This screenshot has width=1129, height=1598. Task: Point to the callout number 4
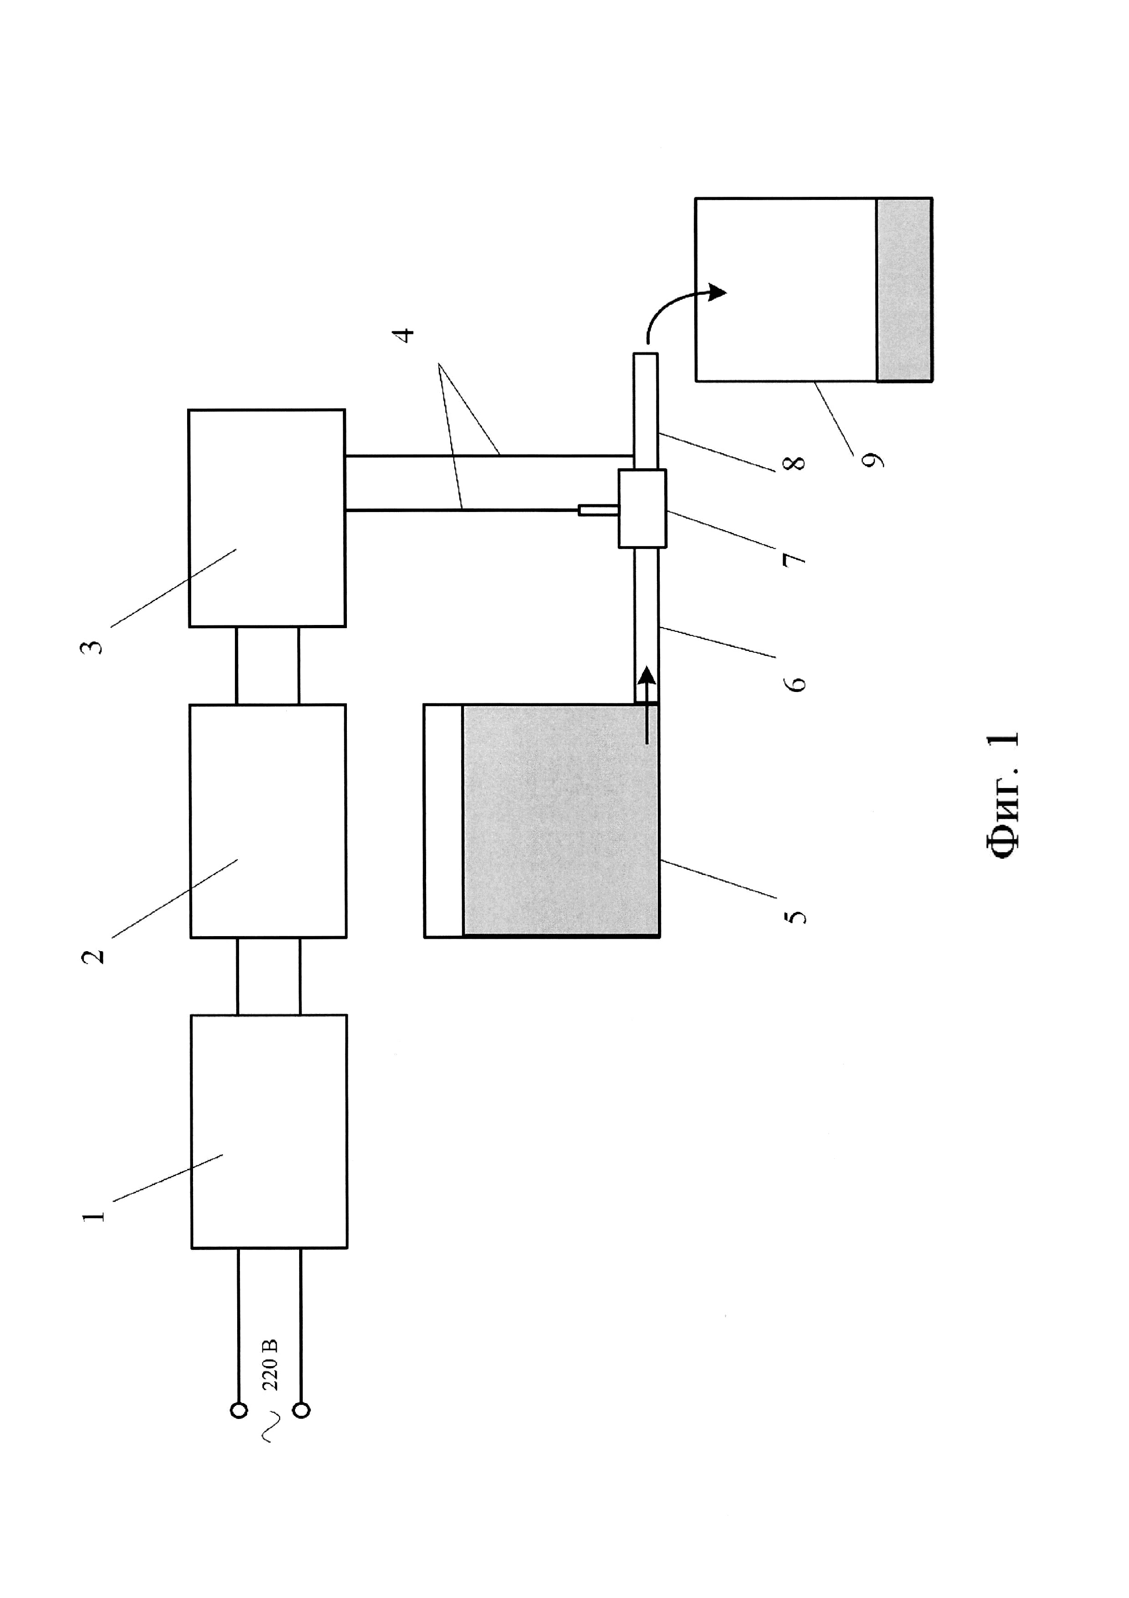[403, 335]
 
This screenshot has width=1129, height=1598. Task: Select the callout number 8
[795, 462]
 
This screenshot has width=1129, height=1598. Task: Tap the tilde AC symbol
[270, 1425]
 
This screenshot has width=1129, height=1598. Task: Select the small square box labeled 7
[642, 508]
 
